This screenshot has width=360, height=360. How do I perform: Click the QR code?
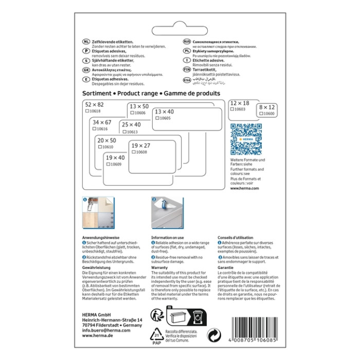(x=246, y=139)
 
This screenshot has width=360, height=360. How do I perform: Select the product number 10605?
(x=165, y=118)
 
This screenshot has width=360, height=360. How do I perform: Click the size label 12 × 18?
(x=239, y=103)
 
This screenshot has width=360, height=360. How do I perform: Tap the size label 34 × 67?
(x=102, y=122)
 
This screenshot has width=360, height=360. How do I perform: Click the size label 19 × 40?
(x=115, y=158)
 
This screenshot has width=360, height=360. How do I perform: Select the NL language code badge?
(x=86, y=41)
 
